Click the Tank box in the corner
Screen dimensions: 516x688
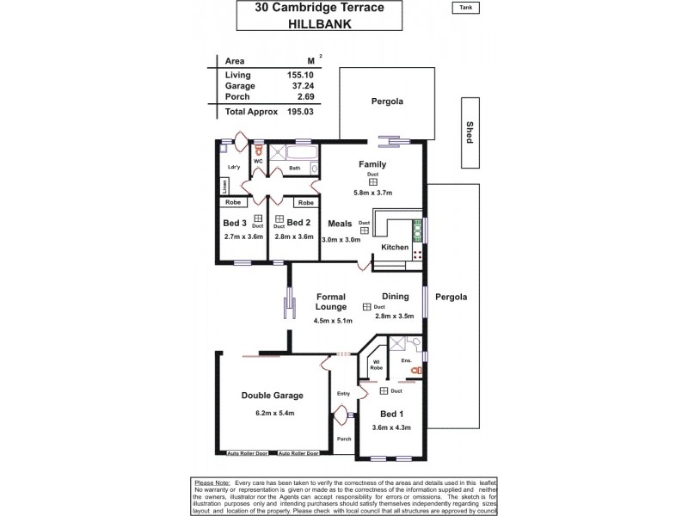[x=464, y=9]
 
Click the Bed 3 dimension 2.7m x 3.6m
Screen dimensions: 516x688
[x=235, y=238]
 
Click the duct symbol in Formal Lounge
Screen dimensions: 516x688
[x=367, y=307]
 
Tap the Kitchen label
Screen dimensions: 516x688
[x=395, y=247]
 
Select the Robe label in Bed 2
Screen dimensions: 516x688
[x=304, y=203]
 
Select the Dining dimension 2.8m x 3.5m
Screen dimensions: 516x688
[x=395, y=316]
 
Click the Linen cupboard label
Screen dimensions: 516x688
[x=224, y=185]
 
